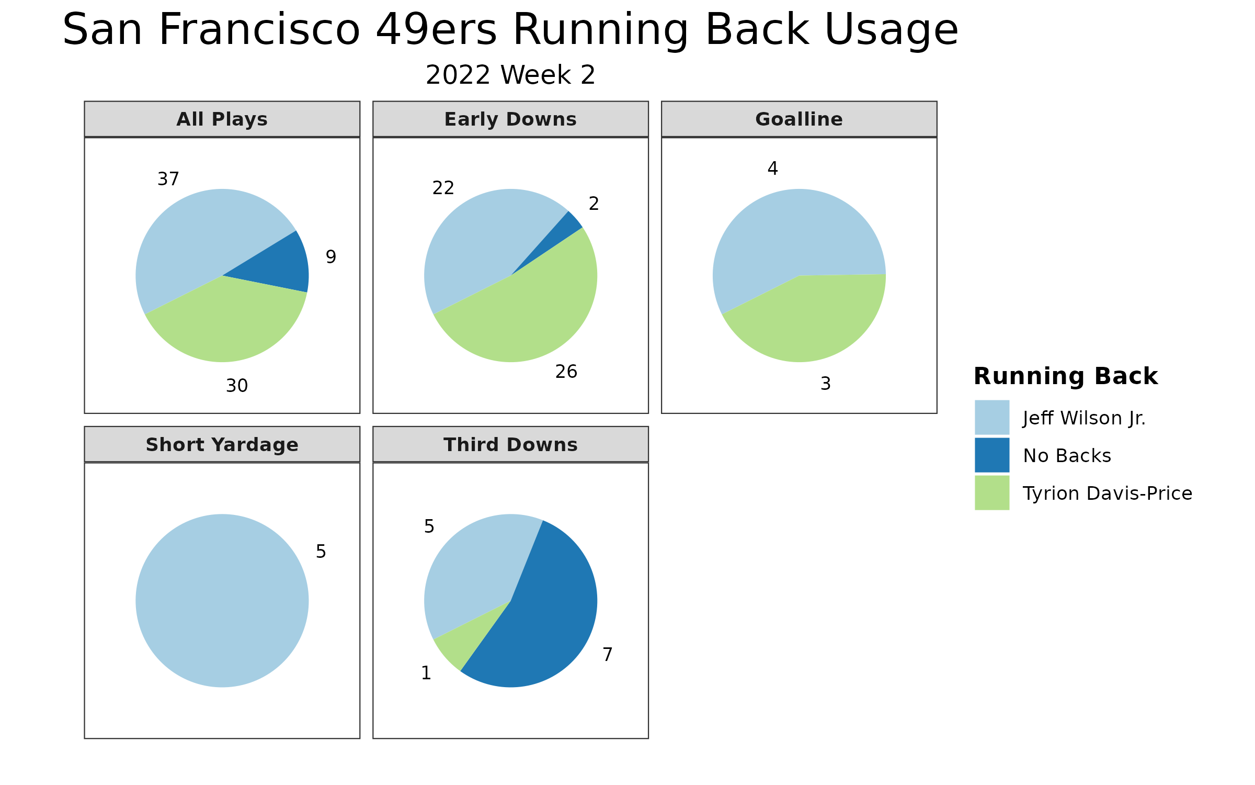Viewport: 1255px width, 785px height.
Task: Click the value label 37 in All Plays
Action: click(x=168, y=179)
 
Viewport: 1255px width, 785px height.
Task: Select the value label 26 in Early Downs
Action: click(x=566, y=372)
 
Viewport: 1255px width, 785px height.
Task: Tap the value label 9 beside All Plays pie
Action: click(x=331, y=257)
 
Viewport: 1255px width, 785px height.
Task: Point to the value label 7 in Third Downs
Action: click(x=608, y=655)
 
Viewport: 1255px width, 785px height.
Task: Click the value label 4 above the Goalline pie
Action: click(x=773, y=169)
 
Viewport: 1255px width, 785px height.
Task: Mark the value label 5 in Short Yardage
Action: click(x=321, y=552)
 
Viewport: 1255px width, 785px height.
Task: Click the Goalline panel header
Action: click(x=799, y=119)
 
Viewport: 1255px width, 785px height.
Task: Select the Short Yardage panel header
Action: click(x=222, y=445)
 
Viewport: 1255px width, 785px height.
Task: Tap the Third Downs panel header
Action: click(x=511, y=445)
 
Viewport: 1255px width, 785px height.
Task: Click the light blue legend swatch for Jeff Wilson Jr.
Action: click(x=992, y=418)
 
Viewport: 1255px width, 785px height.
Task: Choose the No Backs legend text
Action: click(x=1067, y=456)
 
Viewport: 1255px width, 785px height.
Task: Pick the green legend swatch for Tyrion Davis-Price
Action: click(x=992, y=493)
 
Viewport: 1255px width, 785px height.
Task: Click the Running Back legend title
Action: click(x=1066, y=376)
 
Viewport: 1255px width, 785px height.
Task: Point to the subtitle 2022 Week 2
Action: click(x=510, y=75)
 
